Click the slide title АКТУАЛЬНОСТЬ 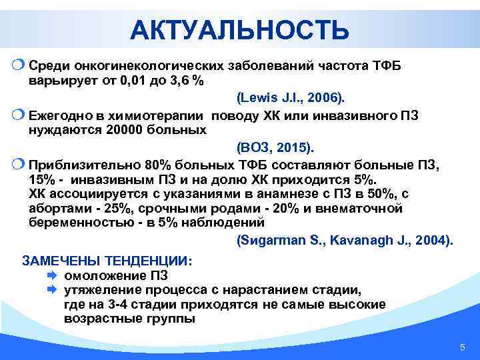click(239, 30)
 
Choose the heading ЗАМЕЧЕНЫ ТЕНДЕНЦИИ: click(107, 261)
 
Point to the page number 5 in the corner click(462, 348)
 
